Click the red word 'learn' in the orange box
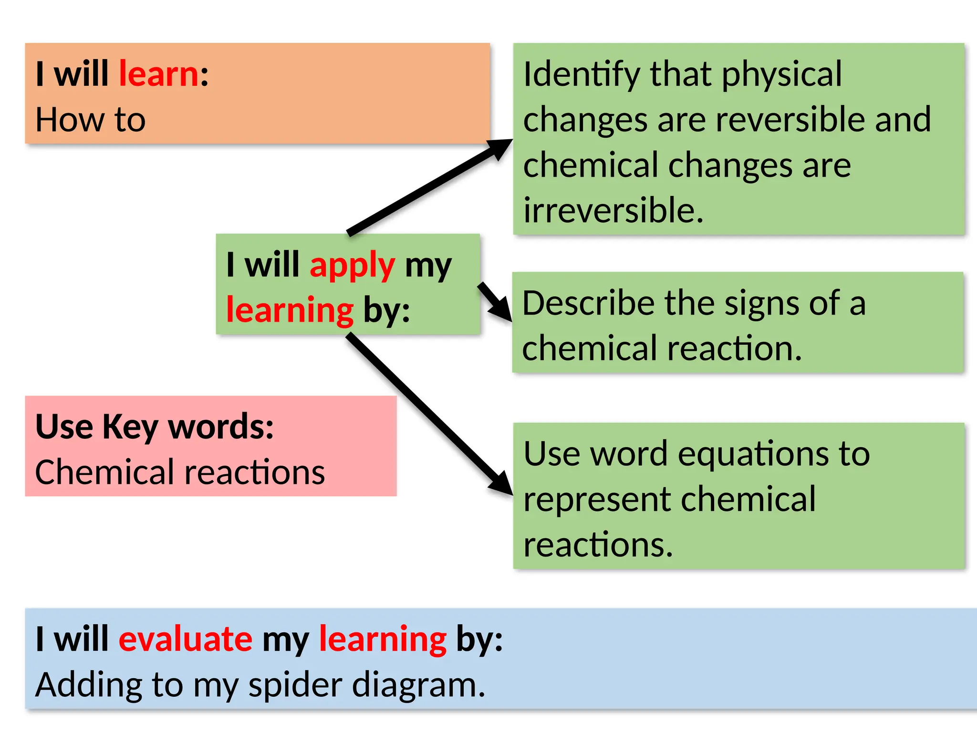(158, 75)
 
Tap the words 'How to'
(90, 120)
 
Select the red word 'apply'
(352, 265)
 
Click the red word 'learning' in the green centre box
(290, 310)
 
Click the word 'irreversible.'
(613, 211)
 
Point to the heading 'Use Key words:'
(155, 427)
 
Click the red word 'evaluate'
(185, 639)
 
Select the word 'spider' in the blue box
(295, 685)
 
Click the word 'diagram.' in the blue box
(418, 685)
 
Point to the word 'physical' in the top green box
(782, 75)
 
